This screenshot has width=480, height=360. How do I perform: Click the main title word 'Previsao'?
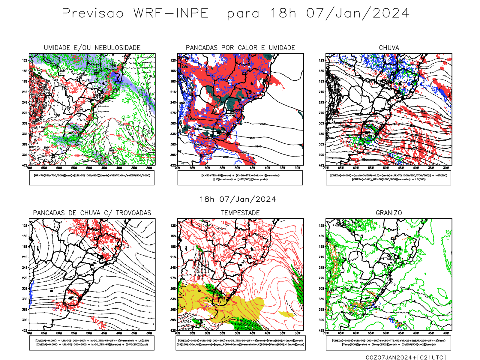click(x=93, y=13)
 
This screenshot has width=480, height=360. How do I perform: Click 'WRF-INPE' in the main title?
click(x=171, y=13)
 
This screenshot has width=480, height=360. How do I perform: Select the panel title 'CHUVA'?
click(x=389, y=48)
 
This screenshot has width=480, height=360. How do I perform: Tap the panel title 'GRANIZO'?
click(x=389, y=213)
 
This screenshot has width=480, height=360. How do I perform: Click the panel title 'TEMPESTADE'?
click(x=240, y=213)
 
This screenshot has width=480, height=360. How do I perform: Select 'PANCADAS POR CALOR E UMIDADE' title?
click(x=240, y=48)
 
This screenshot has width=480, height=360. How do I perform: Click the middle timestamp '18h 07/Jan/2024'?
click(x=238, y=199)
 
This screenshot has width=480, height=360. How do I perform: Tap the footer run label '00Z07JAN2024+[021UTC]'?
click(x=406, y=357)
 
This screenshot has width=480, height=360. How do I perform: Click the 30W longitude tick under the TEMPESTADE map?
click(x=298, y=333)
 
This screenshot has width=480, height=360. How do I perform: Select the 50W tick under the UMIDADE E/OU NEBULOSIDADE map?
click(x=89, y=168)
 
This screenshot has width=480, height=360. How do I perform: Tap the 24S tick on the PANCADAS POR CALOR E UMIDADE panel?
click(x=173, y=102)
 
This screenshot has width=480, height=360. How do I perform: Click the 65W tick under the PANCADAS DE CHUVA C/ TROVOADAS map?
click(x=44, y=333)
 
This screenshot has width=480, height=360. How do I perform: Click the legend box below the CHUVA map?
click(x=388, y=178)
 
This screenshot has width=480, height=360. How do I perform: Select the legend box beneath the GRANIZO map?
click(x=388, y=343)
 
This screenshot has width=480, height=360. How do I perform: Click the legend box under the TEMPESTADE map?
click(x=240, y=343)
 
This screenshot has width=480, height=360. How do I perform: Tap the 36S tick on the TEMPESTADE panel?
click(x=173, y=310)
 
